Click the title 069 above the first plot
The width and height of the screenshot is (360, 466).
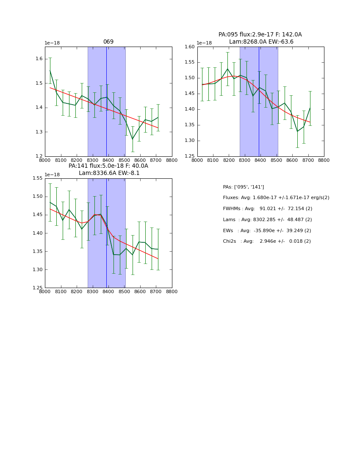coord(108,42)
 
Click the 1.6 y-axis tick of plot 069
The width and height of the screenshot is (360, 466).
coord(39,59)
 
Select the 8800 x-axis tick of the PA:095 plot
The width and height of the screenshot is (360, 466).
coord(324,160)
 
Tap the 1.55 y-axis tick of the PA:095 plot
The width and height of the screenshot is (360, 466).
coord(189,62)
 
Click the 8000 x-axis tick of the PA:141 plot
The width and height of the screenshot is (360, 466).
coord(45,291)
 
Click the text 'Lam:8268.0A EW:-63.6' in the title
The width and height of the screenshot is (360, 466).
coord(261,42)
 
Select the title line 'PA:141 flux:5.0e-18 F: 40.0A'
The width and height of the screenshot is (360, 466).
coord(108,166)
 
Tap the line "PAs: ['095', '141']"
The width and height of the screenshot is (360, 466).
coord(243,187)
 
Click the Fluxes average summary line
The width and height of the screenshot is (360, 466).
coord(276,198)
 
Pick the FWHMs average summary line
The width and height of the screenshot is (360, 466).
coord(267,209)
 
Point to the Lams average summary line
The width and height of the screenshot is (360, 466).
coord(267,220)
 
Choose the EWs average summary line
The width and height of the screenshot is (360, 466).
coord(267,231)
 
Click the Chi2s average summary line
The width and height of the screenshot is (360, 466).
coord(267,241)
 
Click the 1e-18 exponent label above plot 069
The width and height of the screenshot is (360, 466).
coord(52,43)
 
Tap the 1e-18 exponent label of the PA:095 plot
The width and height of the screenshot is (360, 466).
coord(204,43)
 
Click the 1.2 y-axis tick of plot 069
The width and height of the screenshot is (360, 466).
coord(39,156)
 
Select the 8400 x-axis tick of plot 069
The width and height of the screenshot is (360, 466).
coord(108,160)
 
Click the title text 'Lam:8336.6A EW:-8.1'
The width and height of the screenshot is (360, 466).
coord(109,173)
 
